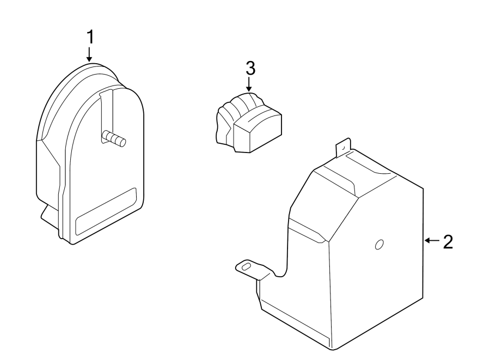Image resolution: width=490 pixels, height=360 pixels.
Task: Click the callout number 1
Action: [90, 37]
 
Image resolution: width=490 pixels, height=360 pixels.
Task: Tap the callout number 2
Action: [448, 242]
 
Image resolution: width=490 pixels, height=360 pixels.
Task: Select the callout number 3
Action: [250, 68]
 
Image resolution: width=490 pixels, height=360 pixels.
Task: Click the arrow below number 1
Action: [89, 54]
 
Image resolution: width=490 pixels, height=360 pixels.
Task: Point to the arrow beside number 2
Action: [432, 240]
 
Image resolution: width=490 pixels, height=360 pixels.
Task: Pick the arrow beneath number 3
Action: [249, 84]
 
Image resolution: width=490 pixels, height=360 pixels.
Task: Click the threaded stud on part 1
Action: [114, 138]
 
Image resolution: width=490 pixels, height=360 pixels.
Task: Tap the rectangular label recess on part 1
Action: [106, 211]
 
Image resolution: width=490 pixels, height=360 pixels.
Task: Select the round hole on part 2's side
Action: [379, 245]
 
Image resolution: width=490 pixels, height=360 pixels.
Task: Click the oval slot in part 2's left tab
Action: [246, 266]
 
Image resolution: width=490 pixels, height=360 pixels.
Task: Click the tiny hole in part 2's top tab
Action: [343, 148]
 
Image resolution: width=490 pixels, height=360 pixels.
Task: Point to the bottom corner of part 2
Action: [333, 349]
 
